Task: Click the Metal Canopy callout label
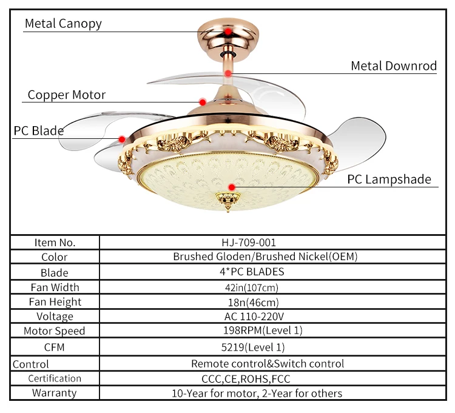point(63,24)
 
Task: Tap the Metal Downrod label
point(394,66)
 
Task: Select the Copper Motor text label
point(67,95)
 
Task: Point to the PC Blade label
point(39,131)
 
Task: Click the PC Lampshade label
point(389,179)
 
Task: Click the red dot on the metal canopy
point(227,31)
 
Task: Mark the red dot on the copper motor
point(203,102)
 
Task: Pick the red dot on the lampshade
point(231,187)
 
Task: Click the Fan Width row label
point(55,287)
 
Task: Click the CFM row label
point(54,348)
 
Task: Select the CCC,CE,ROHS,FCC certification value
point(251,378)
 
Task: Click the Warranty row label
point(55,392)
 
